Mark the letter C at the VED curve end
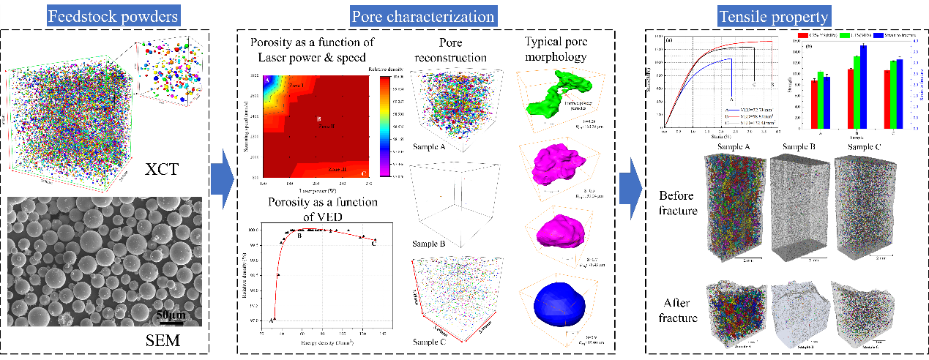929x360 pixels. coord(375,244)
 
